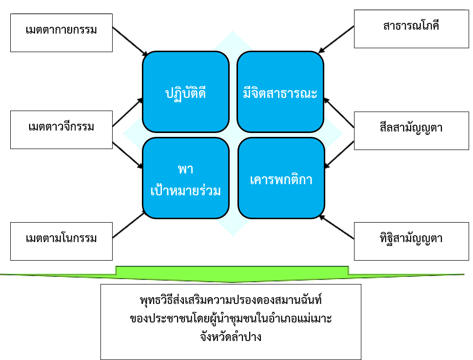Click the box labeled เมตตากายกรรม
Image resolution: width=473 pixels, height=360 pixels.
(x=61, y=30)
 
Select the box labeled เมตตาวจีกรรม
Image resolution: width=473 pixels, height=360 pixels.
(x=61, y=128)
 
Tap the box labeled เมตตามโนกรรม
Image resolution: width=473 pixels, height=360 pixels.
(x=61, y=239)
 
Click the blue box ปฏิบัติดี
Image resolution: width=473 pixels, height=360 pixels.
(x=185, y=92)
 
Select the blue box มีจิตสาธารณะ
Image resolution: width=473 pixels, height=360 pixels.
(x=280, y=92)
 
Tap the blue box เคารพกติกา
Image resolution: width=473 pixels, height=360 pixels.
(x=281, y=178)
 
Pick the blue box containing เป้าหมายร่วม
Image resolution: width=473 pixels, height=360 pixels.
(x=185, y=178)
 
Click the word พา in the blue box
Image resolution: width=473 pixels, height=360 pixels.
(x=185, y=169)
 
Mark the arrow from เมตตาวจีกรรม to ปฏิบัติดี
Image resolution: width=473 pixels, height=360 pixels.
(x=128, y=113)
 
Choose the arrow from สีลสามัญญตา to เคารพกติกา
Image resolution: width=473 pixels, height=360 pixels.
(x=339, y=153)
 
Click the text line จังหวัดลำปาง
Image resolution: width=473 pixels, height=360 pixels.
(x=230, y=336)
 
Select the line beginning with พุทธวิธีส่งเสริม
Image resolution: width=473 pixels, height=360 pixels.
(x=230, y=298)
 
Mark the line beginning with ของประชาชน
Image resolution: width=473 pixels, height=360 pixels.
(x=230, y=318)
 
